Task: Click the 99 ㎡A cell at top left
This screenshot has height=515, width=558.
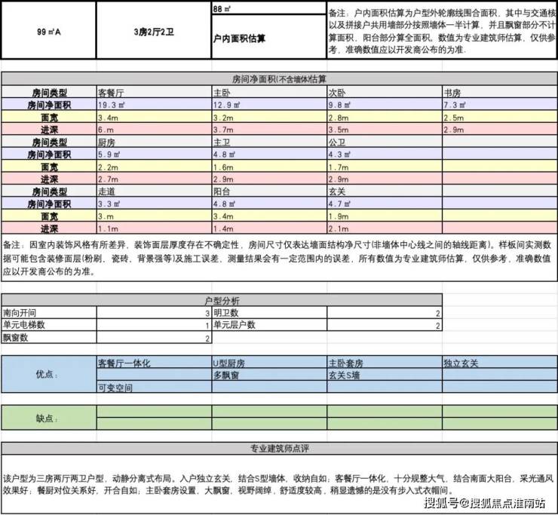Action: click(48, 32)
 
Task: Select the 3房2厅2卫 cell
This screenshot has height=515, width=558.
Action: click(154, 32)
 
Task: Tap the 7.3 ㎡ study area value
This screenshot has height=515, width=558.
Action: click(455, 106)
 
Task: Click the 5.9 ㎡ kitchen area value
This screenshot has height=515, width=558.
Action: click(109, 155)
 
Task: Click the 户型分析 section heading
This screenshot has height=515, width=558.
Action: click(222, 300)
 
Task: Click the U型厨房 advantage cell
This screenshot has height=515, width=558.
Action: click(229, 363)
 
